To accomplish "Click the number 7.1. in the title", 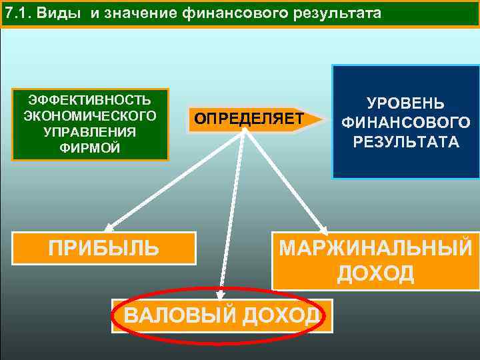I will tap(16, 13).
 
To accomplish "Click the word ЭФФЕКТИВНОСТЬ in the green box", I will tap(90, 101).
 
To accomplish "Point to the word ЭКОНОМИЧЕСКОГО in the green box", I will tap(90, 116).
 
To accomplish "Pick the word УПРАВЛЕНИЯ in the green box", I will tap(90, 131).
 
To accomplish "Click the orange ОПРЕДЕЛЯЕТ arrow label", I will tap(248, 119).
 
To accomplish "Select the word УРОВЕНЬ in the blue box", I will tap(405, 104).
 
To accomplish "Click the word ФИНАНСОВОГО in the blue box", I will tap(405, 123).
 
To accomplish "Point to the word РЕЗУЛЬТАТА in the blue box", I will tap(405, 142).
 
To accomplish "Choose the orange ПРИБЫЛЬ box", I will tap(104, 248).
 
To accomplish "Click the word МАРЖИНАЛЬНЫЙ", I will tap(375, 248).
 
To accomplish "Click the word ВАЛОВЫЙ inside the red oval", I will tap(175, 315).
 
